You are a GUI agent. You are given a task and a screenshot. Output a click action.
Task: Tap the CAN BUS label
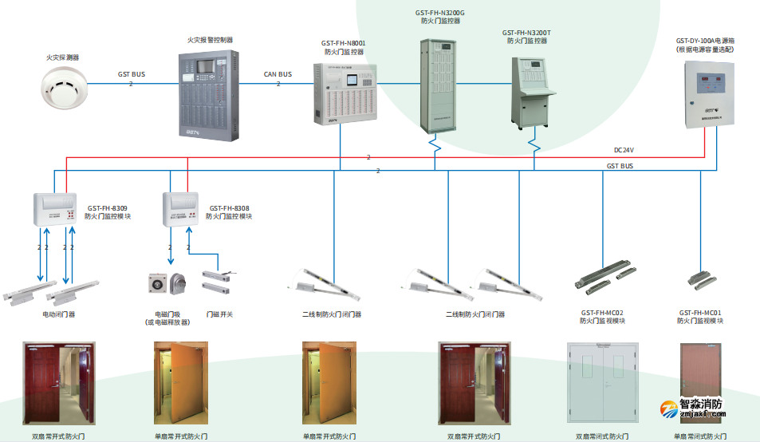(278, 74)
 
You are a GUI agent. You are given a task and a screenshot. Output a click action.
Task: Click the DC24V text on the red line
(624, 149)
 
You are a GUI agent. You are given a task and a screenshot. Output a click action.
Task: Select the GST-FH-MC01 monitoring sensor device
(699, 278)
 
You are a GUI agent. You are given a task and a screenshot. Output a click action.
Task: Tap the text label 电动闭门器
(58, 314)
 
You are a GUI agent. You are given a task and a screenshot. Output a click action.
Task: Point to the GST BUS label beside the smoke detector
(131, 74)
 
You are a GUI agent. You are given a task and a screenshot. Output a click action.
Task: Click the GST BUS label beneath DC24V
(620, 166)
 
